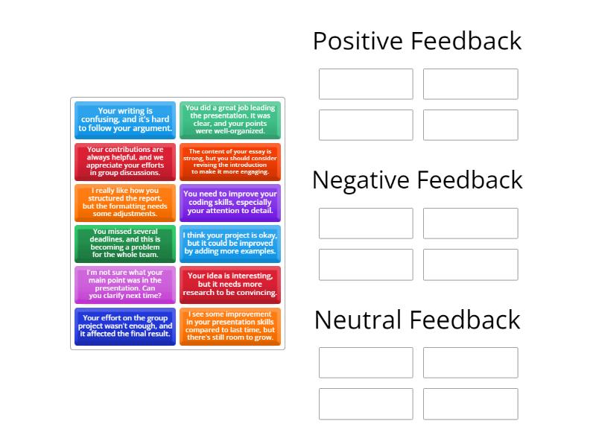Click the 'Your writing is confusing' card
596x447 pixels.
(x=125, y=120)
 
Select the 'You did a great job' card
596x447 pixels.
(x=230, y=120)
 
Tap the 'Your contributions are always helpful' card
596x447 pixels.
(x=125, y=162)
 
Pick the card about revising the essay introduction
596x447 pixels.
(x=230, y=162)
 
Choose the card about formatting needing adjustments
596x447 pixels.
(x=125, y=203)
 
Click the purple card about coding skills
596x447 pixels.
(x=230, y=203)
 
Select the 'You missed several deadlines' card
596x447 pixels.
(x=125, y=244)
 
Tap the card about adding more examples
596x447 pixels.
(x=230, y=244)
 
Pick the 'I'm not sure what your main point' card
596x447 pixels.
(x=125, y=285)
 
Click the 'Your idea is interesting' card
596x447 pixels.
(x=230, y=285)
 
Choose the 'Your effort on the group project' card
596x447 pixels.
(x=125, y=326)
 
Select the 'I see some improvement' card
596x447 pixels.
(x=230, y=326)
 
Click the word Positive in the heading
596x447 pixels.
(x=358, y=41)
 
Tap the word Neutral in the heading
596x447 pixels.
(x=358, y=320)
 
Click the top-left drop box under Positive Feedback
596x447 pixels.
(x=366, y=84)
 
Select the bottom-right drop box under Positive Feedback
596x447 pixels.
(x=471, y=125)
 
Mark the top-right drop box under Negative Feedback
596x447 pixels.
(x=471, y=223)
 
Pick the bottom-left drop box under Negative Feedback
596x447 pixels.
(x=366, y=264)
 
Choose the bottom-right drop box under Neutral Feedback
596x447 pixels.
(x=471, y=404)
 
